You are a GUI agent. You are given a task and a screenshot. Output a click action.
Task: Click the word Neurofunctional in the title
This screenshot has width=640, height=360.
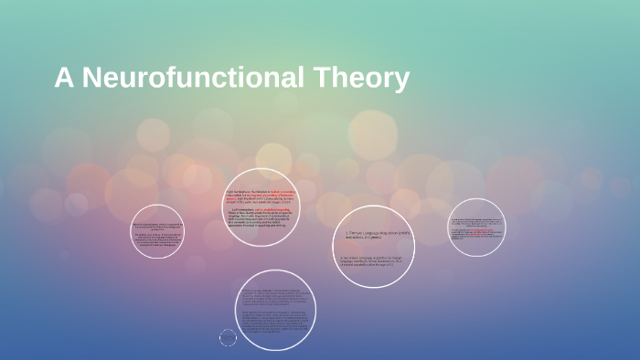193,79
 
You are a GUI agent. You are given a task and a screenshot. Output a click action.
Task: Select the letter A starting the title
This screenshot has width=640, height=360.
63,79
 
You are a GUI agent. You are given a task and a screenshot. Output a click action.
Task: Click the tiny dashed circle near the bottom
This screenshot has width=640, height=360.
228,338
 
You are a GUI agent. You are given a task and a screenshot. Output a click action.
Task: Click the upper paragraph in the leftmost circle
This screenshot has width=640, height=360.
156,226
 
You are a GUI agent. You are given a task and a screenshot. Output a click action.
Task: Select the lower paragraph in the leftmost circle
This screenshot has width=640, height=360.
156,241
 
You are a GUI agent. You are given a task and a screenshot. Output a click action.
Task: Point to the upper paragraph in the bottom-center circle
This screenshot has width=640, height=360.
271,297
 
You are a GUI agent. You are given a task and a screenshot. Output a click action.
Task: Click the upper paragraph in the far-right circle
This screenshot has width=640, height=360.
476,221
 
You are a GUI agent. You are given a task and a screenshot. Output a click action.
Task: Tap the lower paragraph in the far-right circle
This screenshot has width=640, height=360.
476,233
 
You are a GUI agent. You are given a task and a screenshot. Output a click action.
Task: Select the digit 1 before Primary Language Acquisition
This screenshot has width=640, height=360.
347,233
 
